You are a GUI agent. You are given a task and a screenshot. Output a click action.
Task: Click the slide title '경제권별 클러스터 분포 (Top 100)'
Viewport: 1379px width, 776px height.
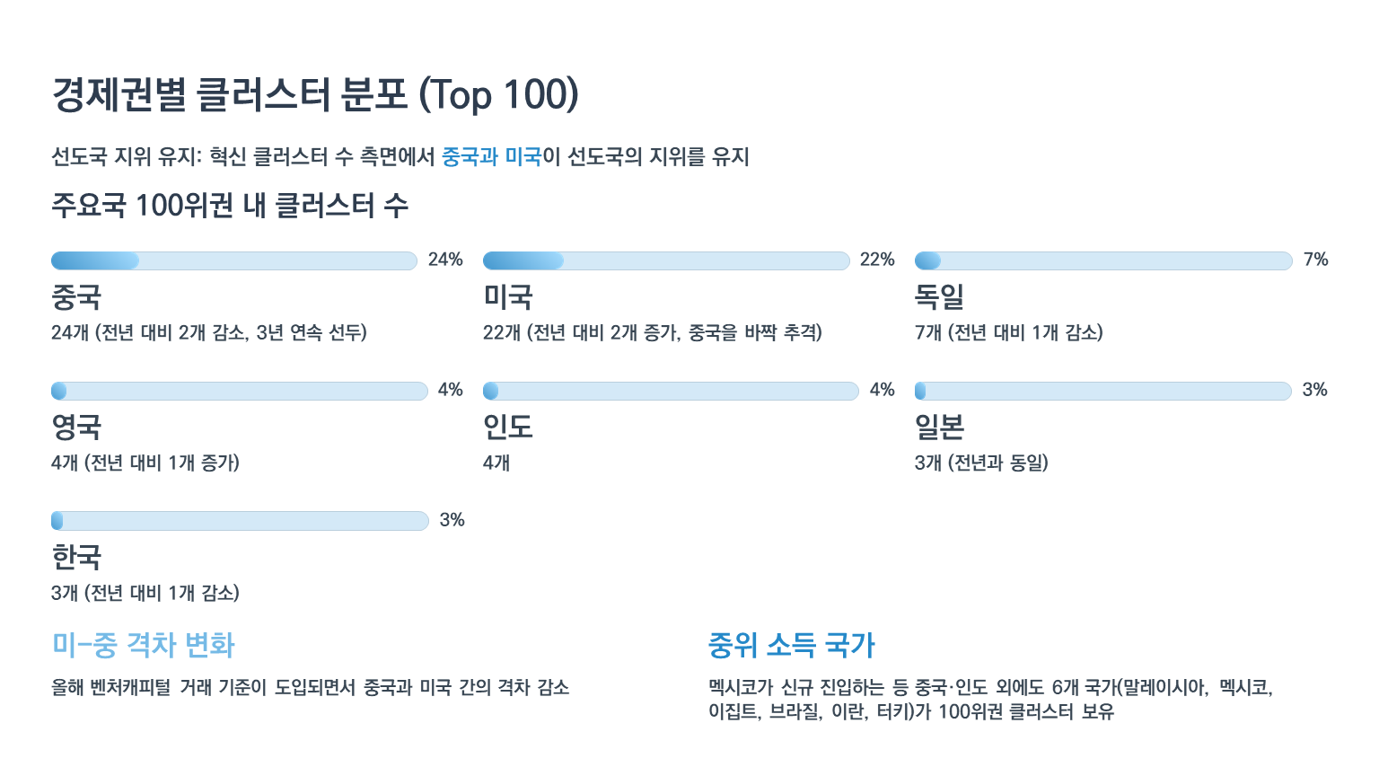(314, 95)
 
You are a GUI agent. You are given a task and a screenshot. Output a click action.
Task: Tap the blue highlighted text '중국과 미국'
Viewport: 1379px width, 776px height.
(491, 157)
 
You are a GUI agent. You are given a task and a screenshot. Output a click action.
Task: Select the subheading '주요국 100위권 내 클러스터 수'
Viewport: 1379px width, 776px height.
(230, 206)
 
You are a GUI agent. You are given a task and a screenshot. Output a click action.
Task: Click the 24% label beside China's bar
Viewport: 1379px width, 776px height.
(445, 260)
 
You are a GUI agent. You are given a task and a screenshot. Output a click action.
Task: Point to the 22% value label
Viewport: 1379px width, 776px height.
(877, 260)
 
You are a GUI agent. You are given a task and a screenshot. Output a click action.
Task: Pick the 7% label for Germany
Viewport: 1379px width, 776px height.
(1315, 260)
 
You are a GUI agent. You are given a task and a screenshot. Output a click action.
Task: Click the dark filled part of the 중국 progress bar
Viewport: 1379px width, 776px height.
(94, 261)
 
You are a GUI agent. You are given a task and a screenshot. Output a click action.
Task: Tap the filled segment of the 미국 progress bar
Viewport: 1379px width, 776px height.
(523, 261)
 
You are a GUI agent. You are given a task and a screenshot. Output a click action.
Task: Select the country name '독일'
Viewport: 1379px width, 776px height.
(939, 296)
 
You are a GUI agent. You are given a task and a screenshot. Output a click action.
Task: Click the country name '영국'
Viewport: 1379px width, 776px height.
(76, 427)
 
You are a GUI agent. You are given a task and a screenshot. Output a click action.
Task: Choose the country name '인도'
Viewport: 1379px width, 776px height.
(508, 427)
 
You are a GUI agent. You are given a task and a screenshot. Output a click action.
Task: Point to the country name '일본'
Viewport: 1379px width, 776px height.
(939, 427)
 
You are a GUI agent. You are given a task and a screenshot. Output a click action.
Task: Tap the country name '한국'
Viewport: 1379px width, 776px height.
(76, 557)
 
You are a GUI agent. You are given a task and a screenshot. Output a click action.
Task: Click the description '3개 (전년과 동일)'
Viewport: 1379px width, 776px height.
(981, 463)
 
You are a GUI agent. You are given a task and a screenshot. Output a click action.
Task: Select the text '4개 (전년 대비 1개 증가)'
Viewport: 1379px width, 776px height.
(145, 463)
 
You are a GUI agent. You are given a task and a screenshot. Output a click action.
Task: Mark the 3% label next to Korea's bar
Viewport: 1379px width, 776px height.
(452, 520)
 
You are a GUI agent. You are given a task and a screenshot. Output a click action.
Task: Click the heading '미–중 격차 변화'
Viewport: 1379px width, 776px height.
(144, 645)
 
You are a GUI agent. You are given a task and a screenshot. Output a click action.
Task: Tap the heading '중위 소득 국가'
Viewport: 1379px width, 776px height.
(791, 645)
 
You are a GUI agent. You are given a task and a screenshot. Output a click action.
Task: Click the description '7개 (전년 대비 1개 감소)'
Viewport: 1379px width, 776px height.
(1008, 333)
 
